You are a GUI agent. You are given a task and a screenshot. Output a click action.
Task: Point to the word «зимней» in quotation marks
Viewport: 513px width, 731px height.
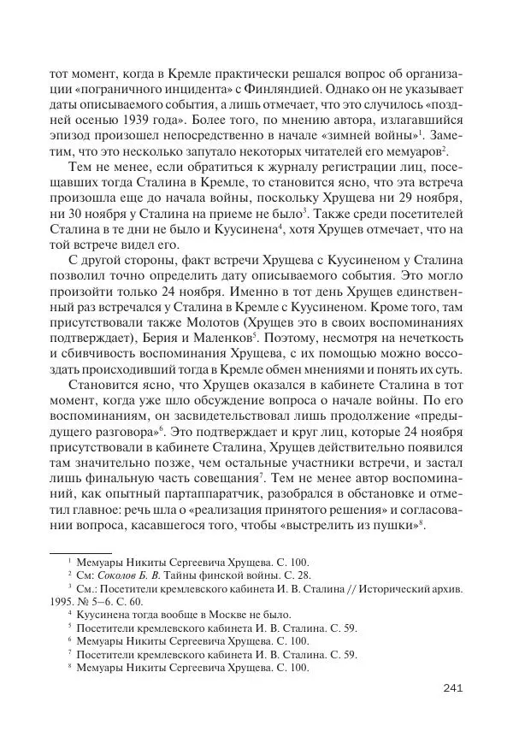[x=340, y=136]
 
